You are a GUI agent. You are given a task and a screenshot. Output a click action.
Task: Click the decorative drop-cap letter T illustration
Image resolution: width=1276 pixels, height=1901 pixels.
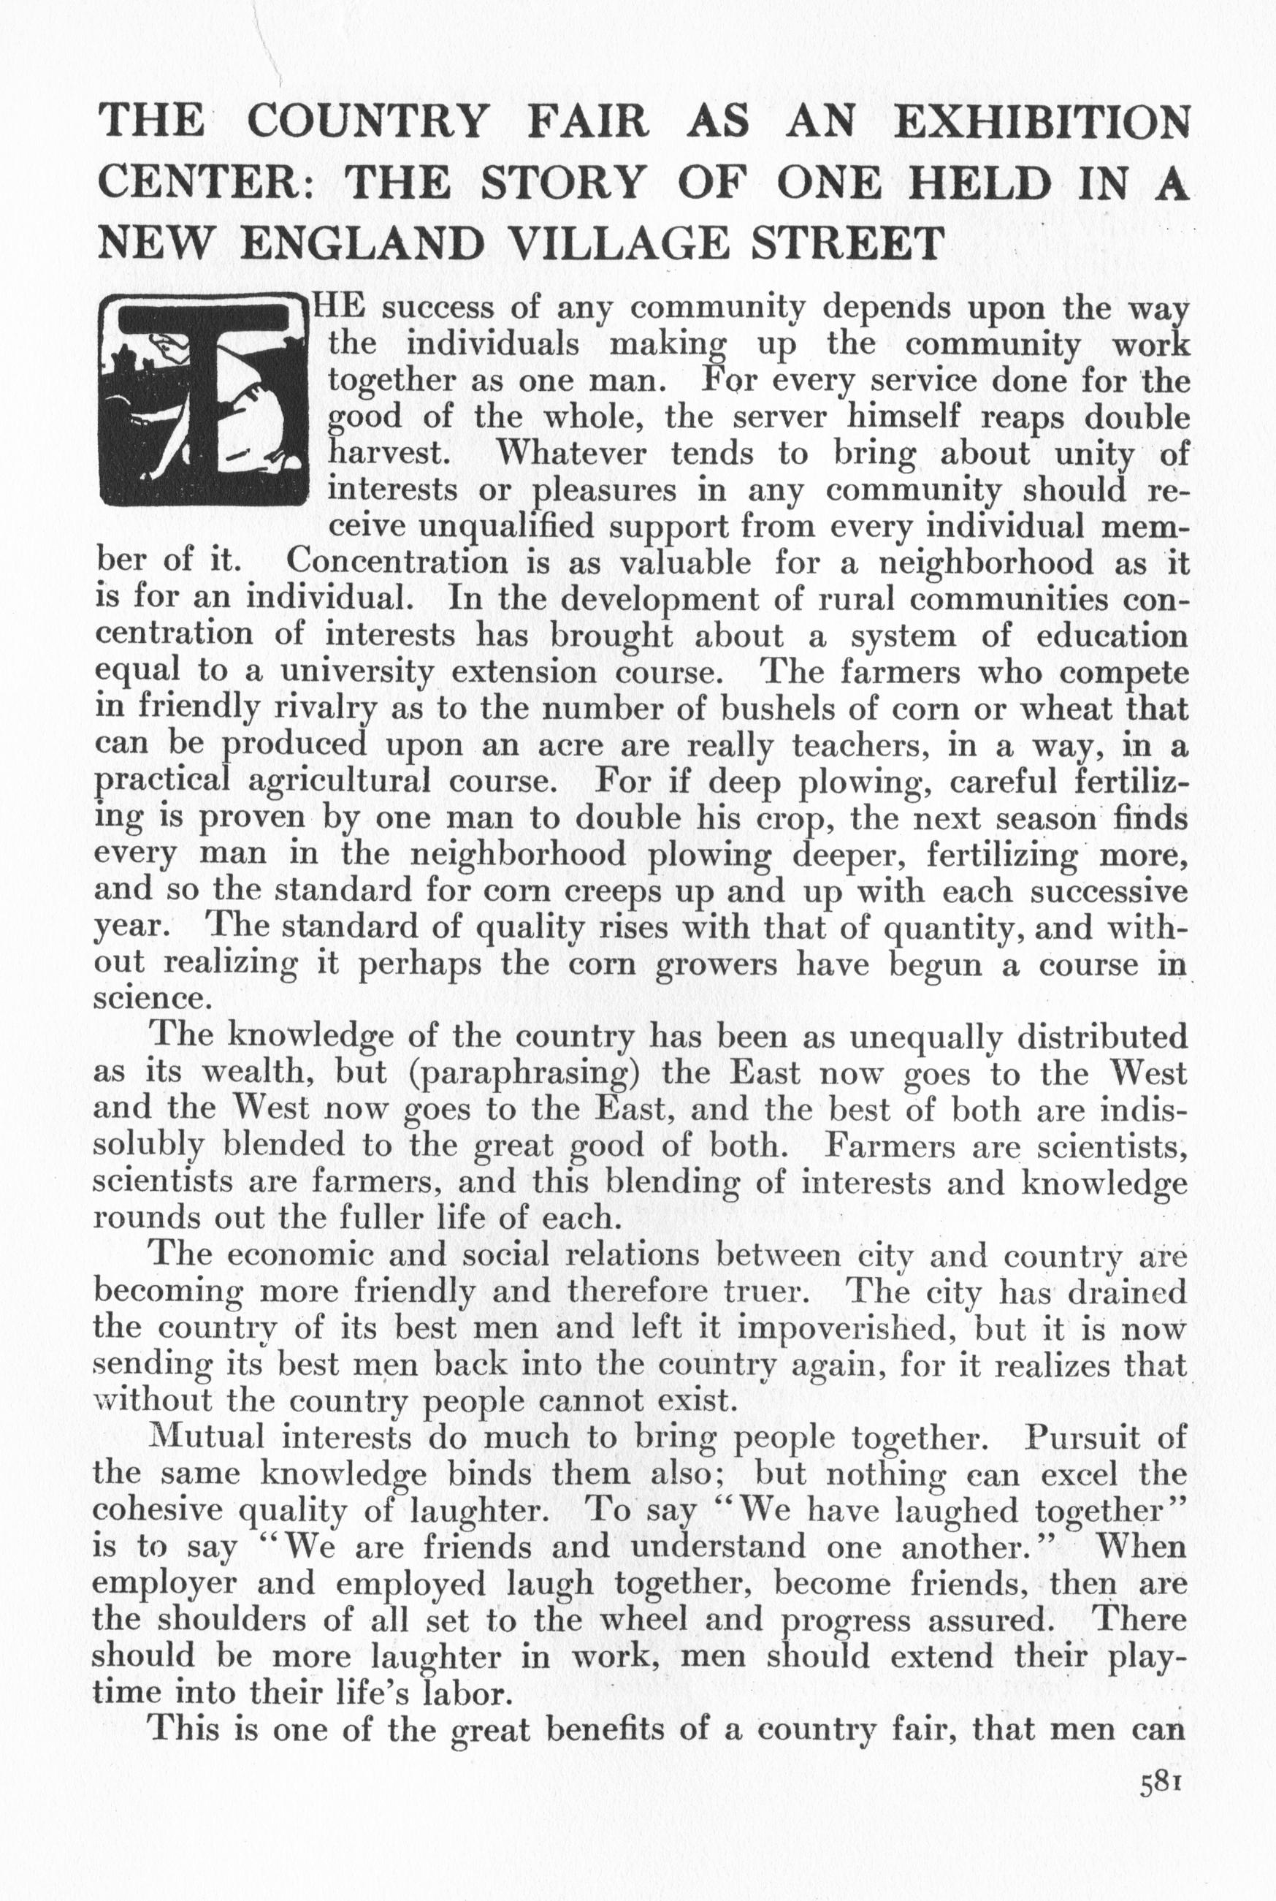[x=204, y=400]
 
